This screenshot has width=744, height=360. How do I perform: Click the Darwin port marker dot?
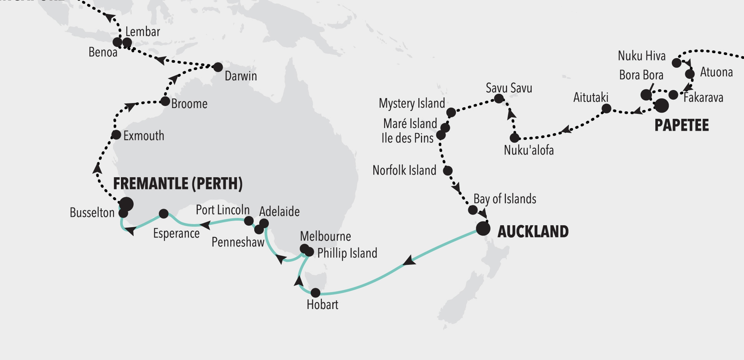218,67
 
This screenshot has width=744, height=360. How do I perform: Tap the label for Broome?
189,104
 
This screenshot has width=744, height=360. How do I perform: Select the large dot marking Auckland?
483,229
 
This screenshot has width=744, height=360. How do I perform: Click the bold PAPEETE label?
681,125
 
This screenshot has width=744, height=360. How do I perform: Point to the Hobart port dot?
315,293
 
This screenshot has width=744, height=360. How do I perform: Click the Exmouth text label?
144,136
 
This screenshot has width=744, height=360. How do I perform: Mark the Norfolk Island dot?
447,171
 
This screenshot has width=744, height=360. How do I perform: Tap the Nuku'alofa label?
529,150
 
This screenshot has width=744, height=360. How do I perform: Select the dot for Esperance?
164,214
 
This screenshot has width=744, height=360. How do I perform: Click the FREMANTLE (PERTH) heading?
178,184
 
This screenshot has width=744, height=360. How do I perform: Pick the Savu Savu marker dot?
499,98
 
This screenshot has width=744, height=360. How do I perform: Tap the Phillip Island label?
347,253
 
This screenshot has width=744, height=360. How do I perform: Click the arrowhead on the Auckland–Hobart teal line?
409,261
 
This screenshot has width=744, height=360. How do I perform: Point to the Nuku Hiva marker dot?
676,63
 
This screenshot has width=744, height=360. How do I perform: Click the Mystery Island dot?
451,112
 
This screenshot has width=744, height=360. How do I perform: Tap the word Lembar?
143,32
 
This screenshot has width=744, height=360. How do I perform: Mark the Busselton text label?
92,213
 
